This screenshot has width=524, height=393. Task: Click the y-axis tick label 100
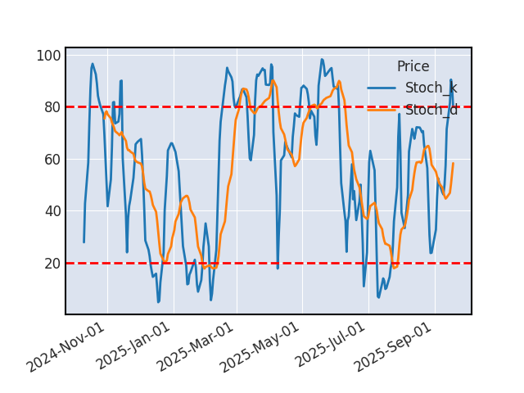tap(47, 56)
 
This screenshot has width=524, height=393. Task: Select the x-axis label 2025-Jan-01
tap(133, 347)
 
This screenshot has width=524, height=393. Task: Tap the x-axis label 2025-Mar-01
tap(196, 347)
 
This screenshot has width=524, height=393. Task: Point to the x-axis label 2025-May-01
tap(262, 347)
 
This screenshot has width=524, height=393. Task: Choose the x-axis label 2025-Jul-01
tap(327, 347)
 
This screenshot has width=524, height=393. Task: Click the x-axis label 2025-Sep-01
tap(394, 347)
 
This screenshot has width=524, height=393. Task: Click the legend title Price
tap(413, 67)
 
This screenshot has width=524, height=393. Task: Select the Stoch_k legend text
tap(431, 88)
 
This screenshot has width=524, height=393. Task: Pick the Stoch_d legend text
tap(431, 110)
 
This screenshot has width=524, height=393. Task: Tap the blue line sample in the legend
tap(382, 88)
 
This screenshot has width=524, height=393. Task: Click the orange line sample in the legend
tap(382, 110)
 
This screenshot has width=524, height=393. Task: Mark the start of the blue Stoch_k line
tap(84, 242)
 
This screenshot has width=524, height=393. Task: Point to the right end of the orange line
tap(453, 163)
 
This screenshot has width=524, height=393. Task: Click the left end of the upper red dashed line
tap(66, 107)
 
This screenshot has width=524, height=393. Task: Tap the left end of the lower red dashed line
tap(66, 263)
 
